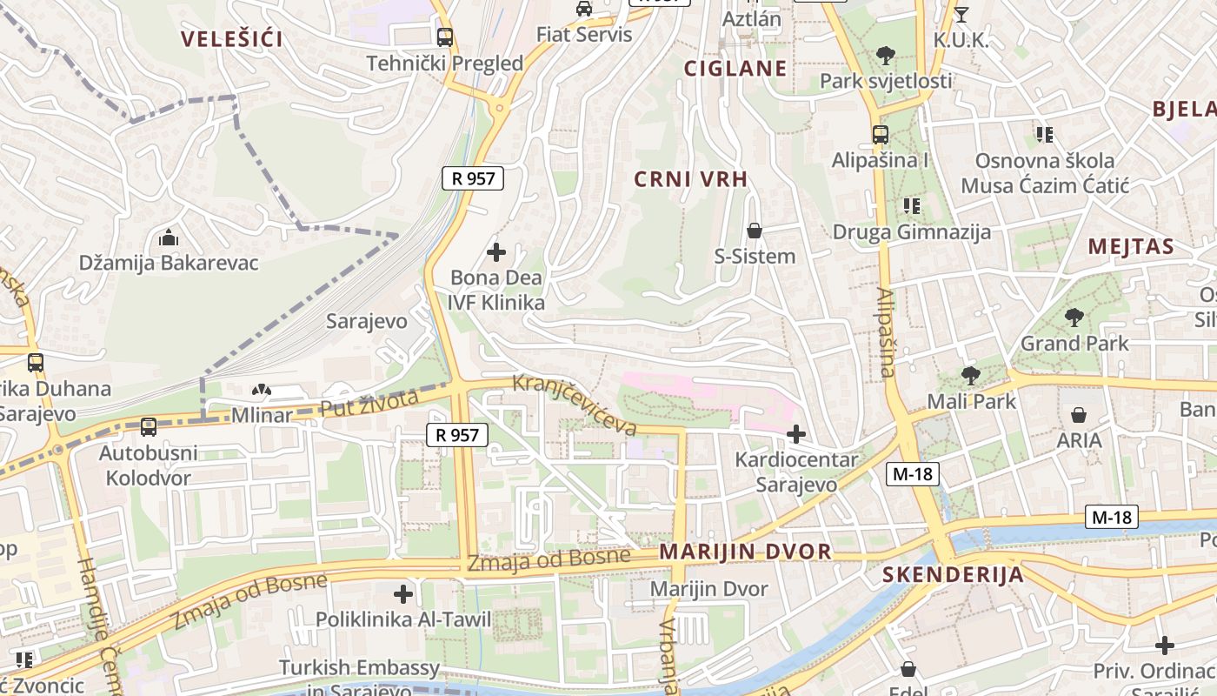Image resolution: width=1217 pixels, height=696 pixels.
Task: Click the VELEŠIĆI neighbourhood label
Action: coord(232,38)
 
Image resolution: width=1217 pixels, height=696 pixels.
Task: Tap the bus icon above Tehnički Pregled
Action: coord(445,37)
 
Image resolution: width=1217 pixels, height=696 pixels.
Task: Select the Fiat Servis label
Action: coord(584,35)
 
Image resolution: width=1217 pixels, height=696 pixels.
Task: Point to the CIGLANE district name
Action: coord(735,69)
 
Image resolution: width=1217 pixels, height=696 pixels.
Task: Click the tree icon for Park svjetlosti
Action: coord(886,57)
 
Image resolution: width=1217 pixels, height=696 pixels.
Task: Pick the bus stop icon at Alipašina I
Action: coord(881,135)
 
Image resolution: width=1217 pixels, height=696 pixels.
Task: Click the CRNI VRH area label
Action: coord(691,179)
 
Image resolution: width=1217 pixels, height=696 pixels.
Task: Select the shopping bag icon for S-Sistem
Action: coord(755,231)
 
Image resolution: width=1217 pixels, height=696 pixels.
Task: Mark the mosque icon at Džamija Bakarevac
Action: coord(169,238)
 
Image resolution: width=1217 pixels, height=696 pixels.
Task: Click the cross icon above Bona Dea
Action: coord(496,253)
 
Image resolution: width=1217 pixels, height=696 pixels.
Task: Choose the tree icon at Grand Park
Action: coord(1074,318)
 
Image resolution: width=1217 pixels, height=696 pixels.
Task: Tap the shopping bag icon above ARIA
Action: coord(1079,415)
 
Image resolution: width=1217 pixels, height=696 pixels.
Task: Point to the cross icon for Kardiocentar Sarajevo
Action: coord(795,433)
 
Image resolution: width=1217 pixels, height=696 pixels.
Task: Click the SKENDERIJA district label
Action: coord(953,575)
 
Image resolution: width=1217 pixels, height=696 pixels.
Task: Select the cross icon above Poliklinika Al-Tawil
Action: coord(403,595)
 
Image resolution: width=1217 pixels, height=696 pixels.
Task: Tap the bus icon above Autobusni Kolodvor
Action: coord(149,427)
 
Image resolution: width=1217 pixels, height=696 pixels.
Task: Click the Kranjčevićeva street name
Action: coord(575,405)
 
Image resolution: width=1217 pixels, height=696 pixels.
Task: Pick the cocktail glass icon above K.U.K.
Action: coord(961,14)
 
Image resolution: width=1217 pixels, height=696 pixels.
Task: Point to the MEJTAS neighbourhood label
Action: coord(1131,246)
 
